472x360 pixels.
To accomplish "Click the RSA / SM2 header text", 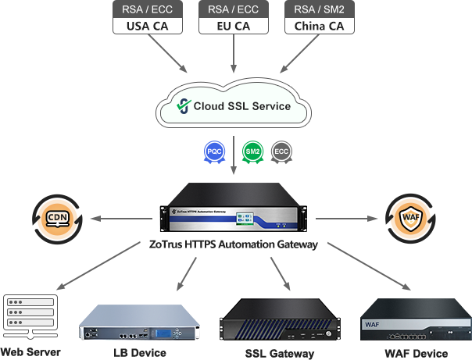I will tap(320, 10).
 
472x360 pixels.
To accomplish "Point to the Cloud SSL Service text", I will tap(243, 106).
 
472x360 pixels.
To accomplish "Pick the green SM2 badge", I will tap(252, 152).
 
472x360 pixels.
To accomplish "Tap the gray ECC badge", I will tap(281, 152).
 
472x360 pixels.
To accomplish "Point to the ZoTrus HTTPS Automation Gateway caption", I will tap(234, 245).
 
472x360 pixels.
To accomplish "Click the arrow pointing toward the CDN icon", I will tap(117, 218).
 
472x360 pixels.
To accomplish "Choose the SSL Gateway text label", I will tap(279, 353).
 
